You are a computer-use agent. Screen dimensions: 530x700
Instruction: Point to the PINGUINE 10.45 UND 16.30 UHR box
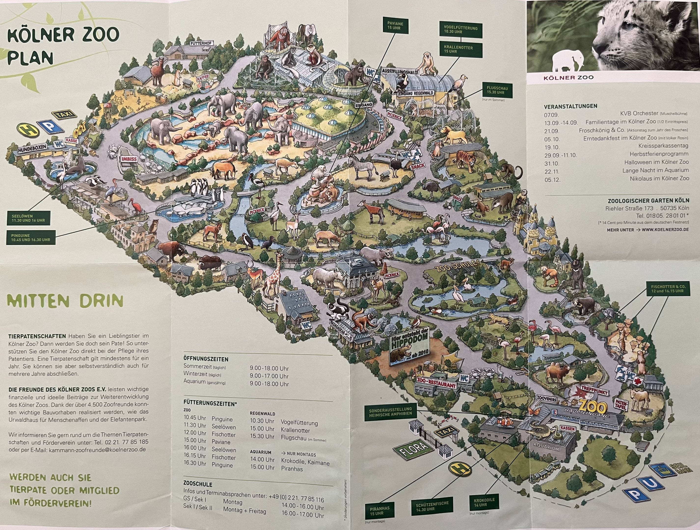tap(30, 238)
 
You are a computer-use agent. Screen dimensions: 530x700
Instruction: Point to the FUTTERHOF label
tap(202, 43)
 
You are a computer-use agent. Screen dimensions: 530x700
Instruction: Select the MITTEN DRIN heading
tap(65, 301)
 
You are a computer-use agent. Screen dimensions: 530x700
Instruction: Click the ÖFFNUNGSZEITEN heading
tap(206, 359)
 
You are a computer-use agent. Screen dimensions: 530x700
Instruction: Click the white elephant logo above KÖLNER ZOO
tap(569, 60)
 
